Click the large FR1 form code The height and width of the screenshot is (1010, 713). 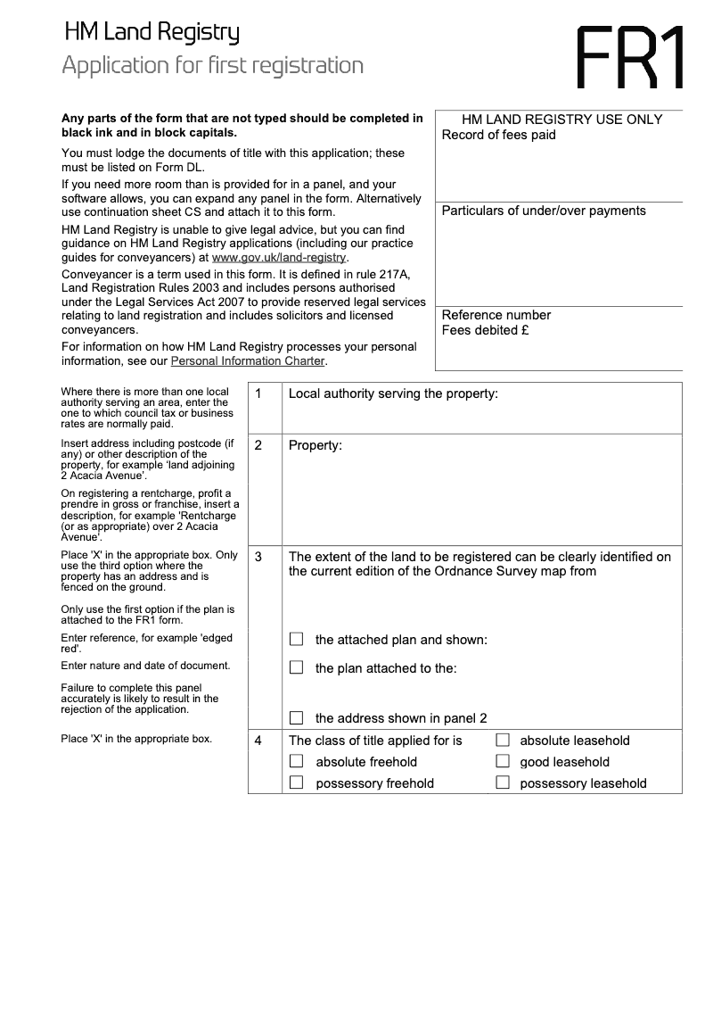tap(630, 58)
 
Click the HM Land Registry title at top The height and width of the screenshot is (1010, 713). tap(152, 34)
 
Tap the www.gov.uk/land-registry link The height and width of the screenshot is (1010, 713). tap(278, 258)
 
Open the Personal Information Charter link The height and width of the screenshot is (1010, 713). tap(248, 361)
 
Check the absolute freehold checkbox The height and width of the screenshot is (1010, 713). tap(297, 761)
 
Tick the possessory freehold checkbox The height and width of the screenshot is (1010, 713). tap(297, 782)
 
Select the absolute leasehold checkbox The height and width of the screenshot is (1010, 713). tap(503, 740)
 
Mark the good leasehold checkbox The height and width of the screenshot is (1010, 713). tap(503, 761)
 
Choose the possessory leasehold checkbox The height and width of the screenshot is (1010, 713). tap(503, 782)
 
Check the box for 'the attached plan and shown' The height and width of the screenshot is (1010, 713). tap(297, 639)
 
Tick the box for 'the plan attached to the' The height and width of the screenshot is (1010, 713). tap(297, 667)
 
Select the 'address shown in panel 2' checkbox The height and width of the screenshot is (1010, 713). tap(297, 717)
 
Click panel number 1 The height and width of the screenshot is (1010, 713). tap(258, 393)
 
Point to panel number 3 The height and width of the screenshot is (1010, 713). tap(258, 557)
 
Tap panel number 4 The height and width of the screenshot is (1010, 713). tap(258, 740)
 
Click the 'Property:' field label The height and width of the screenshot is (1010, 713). tap(316, 445)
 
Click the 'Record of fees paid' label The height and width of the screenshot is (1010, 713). tap(498, 135)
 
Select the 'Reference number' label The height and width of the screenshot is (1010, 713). tap(496, 315)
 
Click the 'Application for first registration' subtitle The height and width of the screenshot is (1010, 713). tap(213, 66)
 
